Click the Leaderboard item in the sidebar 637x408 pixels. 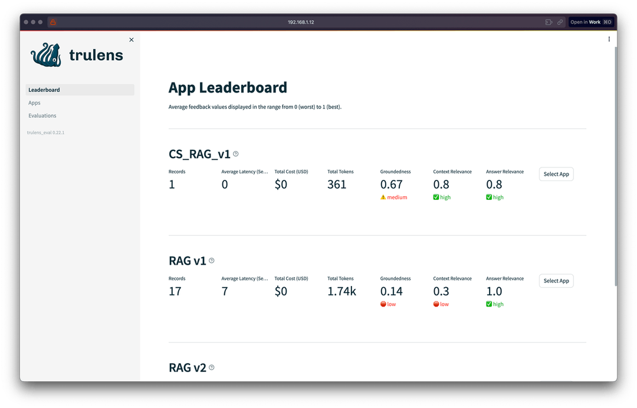(x=44, y=90)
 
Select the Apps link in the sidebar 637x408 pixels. (x=34, y=103)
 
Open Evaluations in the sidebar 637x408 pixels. (x=42, y=116)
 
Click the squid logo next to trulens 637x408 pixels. (x=47, y=55)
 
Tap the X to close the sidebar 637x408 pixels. (x=132, y=40)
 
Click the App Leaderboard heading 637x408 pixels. (x=228, y=87)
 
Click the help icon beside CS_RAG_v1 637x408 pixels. (x=236, y=154)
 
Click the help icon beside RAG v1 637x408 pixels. (x=212, y=261)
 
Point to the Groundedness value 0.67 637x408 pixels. (x=392, y=185)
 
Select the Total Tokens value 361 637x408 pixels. (x=337, y=185)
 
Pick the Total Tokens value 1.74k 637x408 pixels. (x=342, y=291)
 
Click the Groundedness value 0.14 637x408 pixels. (x=392, y=291)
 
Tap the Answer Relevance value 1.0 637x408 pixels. (x=494, y=291)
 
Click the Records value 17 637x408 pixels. (x=175, y=291)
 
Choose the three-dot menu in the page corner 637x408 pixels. (x=609, y=40)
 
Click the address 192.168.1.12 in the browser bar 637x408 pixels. (x=301, y=22)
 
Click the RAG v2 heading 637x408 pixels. (x=188, y=368)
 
